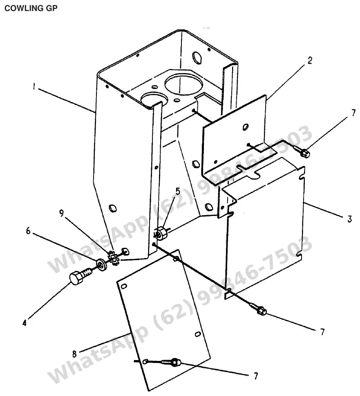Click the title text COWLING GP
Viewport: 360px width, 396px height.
pos(31,8)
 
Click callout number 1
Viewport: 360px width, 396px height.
pos(34,87)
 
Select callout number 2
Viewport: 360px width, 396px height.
pos(310,60)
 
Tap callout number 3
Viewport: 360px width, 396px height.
pos(349,219)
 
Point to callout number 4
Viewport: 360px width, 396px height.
pos(25,323)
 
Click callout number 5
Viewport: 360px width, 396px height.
pos(178,191)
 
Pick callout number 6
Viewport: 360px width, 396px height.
pos(28,231)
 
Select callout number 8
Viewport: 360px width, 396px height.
pos(74,354)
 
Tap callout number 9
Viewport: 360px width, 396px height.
pos(61,214)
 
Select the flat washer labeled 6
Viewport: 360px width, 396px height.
pos(101,265)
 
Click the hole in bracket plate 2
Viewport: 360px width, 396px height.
pos(245,127)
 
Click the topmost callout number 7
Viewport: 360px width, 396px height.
pos(353,113)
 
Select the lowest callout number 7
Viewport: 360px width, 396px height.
pos(256,376)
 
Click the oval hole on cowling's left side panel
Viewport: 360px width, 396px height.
pos(112,208)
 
